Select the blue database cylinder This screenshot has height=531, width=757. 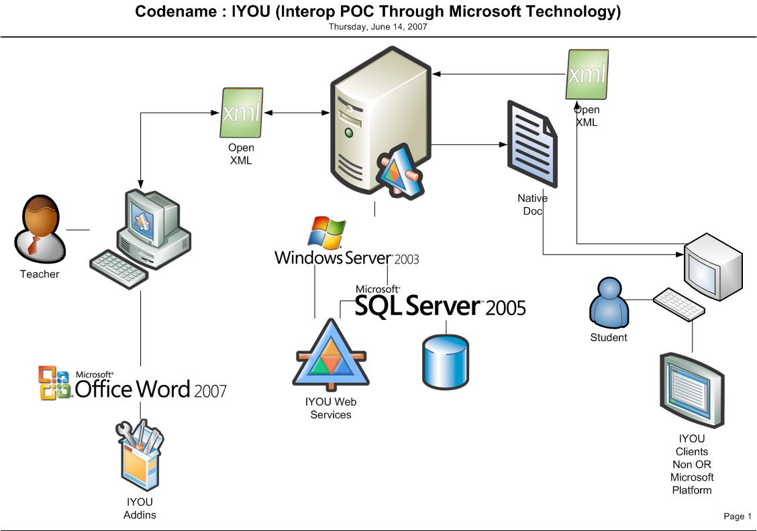point(445,362)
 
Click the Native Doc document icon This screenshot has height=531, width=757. point(532,143)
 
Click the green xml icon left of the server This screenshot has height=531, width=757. point(242,113)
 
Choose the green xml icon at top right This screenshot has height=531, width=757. point(587,74)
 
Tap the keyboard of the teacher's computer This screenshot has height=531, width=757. point(119,270)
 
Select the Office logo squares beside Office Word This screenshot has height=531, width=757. point(54,383)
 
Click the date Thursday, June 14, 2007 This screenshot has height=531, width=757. point(378,27)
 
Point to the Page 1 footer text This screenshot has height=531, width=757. point(738,516)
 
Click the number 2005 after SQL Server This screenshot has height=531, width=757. point(505,308)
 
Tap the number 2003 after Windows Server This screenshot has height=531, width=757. point(407,259)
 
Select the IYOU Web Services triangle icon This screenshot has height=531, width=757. point(332,355)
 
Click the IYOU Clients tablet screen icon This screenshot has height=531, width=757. point(693,390)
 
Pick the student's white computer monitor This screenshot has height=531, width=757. point(713,267)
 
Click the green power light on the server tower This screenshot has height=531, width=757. point(348,133)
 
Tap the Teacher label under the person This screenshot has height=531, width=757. point(40,274)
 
